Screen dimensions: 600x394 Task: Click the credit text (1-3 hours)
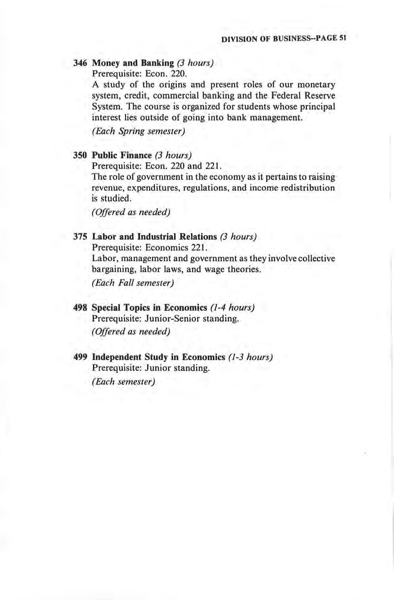[250, 358]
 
